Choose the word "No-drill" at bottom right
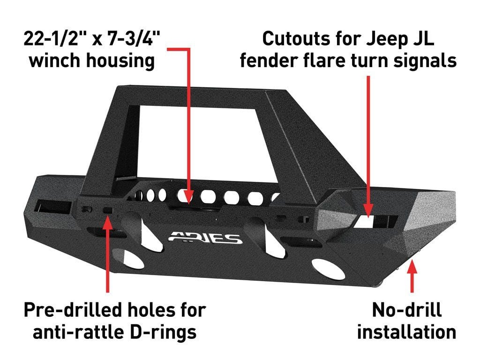tap(406, 310)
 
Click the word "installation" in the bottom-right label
tap(406, 332)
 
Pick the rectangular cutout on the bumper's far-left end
tap(49, 205)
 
